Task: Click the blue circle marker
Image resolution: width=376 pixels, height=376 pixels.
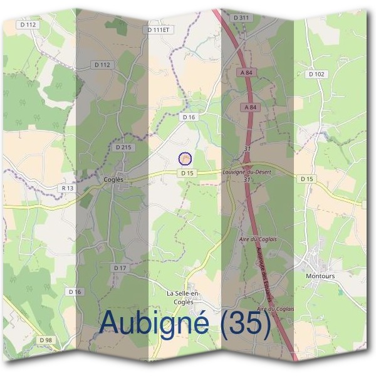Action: coord(184,159)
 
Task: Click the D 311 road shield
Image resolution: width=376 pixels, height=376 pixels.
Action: coord(241,18)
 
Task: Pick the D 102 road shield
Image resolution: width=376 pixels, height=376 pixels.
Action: coord(316,74)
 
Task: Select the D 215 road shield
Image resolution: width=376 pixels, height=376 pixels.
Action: coord(124,147)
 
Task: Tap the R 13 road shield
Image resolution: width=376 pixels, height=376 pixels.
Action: coord(68,187)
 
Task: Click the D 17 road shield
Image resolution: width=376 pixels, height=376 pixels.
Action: coord(120,268)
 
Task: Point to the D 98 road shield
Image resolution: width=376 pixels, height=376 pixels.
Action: coord(44,340)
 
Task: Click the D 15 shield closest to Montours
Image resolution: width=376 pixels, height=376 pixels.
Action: coord(306,179)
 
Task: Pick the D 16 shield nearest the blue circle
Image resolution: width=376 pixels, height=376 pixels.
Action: coord(189,117)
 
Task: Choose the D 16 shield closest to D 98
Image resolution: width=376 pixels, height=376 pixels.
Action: coord(75,291)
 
